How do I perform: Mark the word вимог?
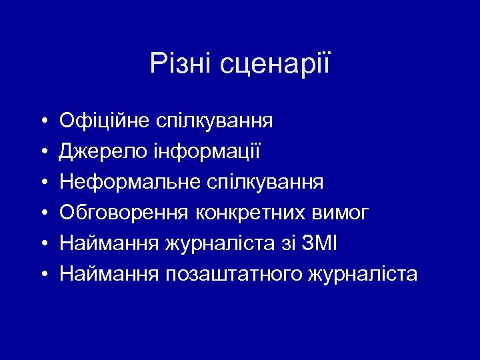pos(341,213)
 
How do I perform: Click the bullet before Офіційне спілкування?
pos(42,121)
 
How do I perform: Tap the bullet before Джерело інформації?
pos(42,152)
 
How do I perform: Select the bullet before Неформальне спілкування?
pos(42,183)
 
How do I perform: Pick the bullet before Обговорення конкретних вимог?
pos(42,213)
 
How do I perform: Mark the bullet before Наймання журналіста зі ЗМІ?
pos(42,244)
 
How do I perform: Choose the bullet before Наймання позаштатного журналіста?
pos(42,275)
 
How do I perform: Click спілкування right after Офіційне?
pos(214,121)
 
